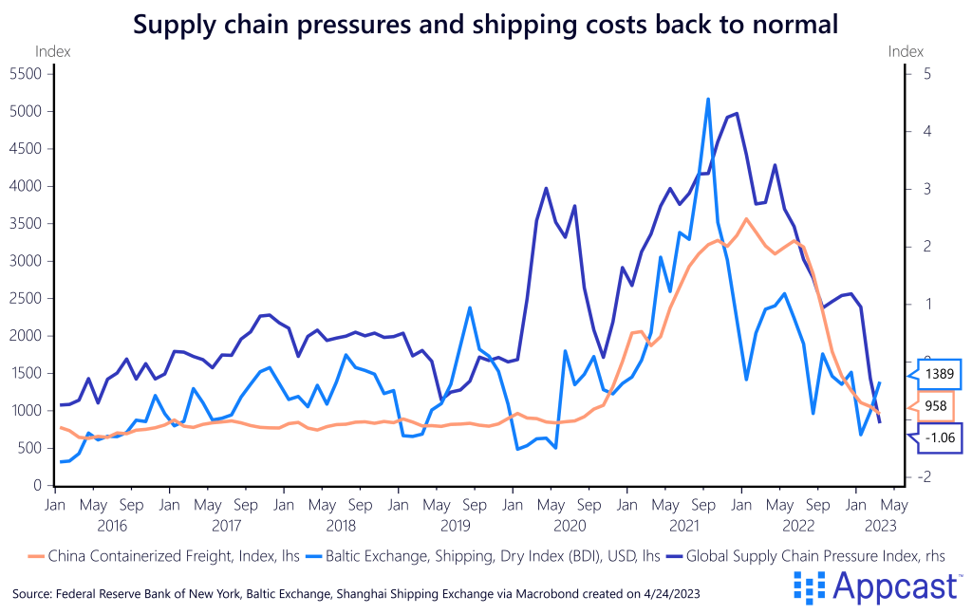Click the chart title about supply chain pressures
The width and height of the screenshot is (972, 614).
click(486, 23)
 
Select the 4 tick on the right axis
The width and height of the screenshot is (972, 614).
click(925, 132)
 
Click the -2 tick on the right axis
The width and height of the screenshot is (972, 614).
click(923, 476)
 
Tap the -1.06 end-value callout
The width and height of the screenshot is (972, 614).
click(939, 437)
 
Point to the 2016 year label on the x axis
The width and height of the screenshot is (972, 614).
click(112, 524)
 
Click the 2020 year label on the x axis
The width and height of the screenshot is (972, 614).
click(570, 524)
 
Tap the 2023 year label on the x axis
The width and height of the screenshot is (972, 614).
click(874, 524)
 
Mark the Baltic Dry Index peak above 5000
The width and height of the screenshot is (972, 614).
click(708, 99)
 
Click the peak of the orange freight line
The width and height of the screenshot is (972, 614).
click(746, 219)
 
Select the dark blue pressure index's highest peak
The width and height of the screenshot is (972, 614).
click(737, 114)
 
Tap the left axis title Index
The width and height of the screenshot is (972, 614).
click(52, 52)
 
